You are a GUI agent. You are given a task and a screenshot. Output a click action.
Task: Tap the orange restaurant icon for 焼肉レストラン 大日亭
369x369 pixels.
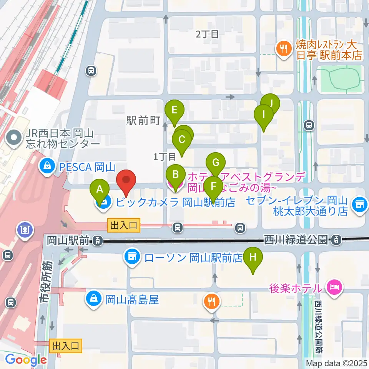click(284, 48)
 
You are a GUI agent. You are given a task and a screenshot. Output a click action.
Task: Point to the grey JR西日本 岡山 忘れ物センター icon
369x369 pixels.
click(14, 138)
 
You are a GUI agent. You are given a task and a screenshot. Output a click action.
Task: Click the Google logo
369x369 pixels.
click(26, 360)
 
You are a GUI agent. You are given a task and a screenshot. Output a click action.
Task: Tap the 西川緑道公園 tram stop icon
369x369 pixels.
click(336, 241)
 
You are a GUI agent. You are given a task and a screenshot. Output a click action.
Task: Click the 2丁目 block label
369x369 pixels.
click(207, 34)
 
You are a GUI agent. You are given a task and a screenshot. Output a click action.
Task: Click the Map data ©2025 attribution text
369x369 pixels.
click(336, 363)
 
